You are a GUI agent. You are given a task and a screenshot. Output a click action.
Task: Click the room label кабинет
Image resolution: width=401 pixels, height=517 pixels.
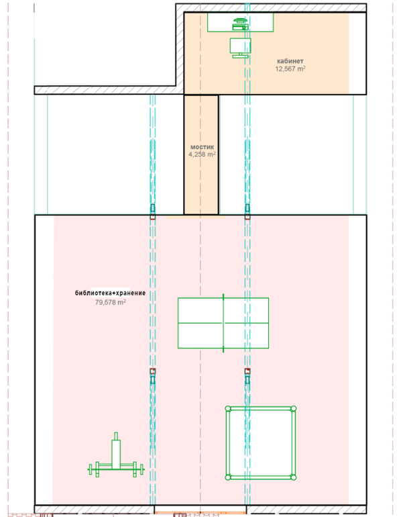click(290, 61)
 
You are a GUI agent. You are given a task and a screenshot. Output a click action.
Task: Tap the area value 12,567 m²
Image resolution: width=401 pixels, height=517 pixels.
click(290, 68)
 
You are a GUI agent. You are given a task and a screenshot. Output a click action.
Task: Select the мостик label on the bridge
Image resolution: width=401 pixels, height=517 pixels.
click(202, 147)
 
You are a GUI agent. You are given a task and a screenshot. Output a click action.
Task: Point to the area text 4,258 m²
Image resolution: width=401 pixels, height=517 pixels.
click(202, 154)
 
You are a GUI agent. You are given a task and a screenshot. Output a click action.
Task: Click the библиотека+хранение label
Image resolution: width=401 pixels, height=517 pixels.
click(110, 293)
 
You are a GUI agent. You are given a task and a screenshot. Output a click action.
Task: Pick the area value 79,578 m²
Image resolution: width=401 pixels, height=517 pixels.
click(110, 302)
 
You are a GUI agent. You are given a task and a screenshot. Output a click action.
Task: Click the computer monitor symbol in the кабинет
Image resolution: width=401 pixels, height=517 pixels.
click(240, 48)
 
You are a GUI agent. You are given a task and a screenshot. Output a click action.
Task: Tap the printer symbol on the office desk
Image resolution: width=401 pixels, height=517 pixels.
click(240, 24)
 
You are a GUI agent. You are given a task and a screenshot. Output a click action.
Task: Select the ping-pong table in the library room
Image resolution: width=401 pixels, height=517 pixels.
click(223, 323)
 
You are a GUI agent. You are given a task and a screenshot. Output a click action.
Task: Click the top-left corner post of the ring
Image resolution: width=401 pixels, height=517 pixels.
click(228, 408)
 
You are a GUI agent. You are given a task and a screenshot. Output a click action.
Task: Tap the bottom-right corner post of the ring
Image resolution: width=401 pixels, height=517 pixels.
click(294, 477)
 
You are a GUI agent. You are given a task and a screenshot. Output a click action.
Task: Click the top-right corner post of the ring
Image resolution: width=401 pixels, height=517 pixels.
click(294, 408)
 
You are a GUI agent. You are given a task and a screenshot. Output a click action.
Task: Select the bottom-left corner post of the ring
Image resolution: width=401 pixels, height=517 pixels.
click(228, 477)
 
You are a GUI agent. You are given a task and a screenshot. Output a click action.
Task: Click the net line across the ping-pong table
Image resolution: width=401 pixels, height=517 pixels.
click(223, 323)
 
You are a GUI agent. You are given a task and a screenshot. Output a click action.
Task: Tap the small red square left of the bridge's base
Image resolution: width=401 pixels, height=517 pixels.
click(152, 217)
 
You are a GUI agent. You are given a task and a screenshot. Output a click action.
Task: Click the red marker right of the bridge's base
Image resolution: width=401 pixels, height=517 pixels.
click(247, 217)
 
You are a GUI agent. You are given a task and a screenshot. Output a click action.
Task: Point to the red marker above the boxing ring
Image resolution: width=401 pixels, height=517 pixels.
click(247, 371)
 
